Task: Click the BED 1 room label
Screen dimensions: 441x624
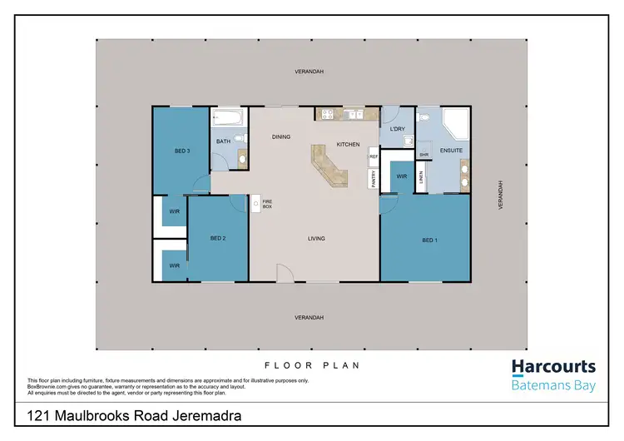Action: click(428, 240)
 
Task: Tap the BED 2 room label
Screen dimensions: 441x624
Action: click(218, 239)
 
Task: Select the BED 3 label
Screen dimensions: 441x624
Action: click(182, 151)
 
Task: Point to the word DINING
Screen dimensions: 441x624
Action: click(281, 136)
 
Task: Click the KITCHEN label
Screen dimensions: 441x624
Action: click(348, 145)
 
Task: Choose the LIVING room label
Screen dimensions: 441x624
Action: click(315, 239)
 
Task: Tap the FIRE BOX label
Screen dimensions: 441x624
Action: click(267, 203)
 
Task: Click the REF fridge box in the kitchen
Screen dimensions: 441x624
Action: click(374, 156)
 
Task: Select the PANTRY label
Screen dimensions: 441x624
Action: click(374, 179)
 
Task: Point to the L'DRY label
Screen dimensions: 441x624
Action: click(397, 129)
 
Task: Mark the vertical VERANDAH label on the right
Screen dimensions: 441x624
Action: click(501, 195)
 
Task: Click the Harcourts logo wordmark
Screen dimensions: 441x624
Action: click(552, 367)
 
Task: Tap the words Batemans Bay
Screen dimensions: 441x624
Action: click(552, 385)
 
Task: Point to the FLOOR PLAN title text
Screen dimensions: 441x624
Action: click(311, 365)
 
